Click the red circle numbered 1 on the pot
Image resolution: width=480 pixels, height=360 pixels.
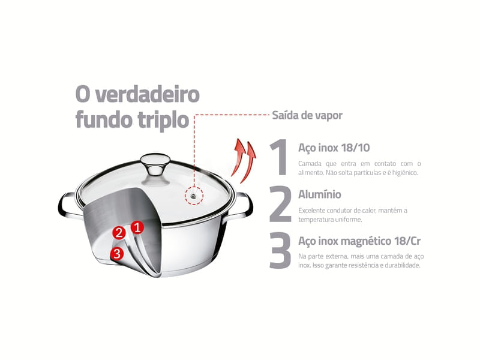pyautogui.click(x=137, y=227)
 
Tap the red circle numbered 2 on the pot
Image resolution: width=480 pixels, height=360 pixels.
pyautogui.click(x=119, y=233)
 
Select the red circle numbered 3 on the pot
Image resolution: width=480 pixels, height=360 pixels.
pyautogui.click(x=117, y=254)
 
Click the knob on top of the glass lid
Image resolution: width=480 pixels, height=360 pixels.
pyautogui.click(x=155, y=164)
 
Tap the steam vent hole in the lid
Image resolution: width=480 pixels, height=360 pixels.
pyautogui.click(x=194, y=195)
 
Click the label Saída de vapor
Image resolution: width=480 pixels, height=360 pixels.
pyautogui.click(x=307, y=115)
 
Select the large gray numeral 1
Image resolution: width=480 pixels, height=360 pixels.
pyautogui.click(x=279, y=157)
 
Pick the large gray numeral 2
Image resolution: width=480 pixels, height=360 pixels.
pyautogui.click(x=280, y=204)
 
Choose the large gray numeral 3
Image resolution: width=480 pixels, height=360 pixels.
pyautogui.click(x=280, y=251)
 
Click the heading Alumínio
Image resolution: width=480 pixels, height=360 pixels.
pyautogui.click(x=320, y=194)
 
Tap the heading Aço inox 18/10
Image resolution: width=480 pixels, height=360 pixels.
pyautogui.click(x=334, y=148)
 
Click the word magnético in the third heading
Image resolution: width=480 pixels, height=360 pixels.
pyautogui.click(x=366, y=241)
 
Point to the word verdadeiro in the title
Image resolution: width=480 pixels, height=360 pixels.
pyautogui.click(x=148, y=95)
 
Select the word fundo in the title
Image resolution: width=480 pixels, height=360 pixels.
pyautogui.click(x=104, y=119)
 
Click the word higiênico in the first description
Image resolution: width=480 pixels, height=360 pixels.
pyautogui.click(x=404, y=173)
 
